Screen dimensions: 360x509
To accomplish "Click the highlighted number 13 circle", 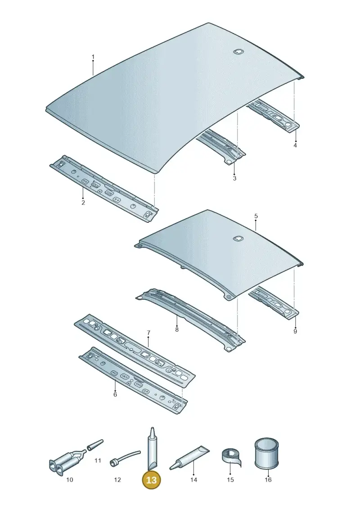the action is (152, 480).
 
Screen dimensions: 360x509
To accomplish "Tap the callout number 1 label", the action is (93, 57).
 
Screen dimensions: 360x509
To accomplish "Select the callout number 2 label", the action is (83, 203).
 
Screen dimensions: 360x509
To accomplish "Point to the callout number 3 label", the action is (234, 178).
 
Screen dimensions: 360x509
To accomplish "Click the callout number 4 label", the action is (295, 145).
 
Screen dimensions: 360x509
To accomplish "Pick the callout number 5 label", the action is (256, 216).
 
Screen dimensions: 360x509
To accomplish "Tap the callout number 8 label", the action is (176, 330).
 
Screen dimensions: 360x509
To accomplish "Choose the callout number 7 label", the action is (148, 333).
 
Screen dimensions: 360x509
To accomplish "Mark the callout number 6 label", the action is (115, 394).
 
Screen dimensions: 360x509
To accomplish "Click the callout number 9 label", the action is (295, 331).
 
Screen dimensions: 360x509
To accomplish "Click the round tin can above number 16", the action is (266, 453).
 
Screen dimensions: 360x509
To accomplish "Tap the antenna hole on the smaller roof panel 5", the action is (238, 238).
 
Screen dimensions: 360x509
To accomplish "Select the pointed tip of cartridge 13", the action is (151, 428).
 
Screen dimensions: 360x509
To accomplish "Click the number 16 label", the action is (268, 479).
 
